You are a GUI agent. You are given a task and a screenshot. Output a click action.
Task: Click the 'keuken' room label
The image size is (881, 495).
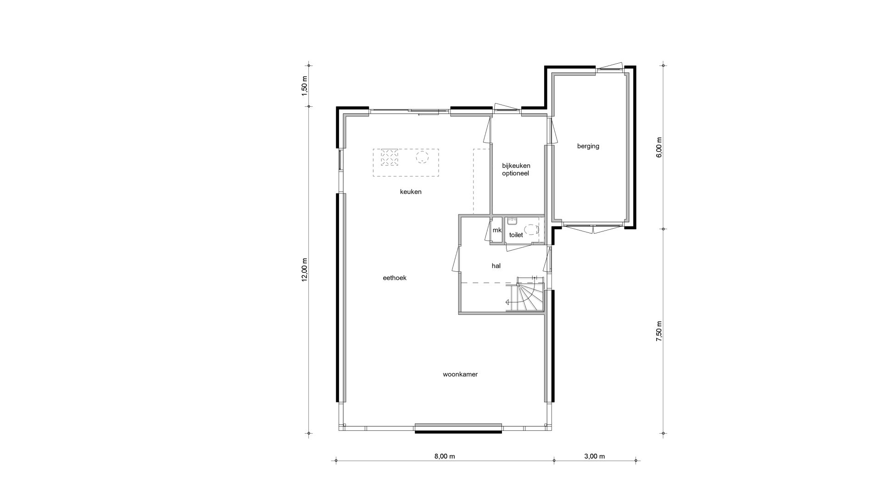click(x=411, y=192)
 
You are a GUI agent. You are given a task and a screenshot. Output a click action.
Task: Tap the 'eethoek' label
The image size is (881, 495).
click(x=395, y=278)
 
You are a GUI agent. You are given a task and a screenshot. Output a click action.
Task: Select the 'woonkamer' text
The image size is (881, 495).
click(x=460, y=374)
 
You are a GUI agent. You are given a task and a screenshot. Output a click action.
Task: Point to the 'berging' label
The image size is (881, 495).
click(x=588, y=146)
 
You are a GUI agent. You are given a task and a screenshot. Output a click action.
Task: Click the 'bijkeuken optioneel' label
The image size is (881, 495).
click(x=516, y=170)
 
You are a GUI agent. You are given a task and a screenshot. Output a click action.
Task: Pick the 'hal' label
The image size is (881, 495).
click(x=496, y=265)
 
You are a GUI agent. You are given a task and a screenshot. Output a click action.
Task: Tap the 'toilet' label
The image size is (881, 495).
click(x=516, y=235)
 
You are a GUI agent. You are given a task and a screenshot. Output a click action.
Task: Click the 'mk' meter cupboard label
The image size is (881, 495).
click(x=497, y=230)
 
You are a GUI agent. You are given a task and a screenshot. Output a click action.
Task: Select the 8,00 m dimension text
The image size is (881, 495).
click(x=445, y=456)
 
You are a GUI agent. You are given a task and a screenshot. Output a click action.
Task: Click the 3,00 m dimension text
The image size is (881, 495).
click(x=595, y=456)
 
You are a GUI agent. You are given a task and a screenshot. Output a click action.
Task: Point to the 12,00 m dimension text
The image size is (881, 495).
click(x=304, y=270)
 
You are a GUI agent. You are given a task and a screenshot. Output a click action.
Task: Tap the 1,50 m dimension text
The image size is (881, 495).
click(x=304, y=86)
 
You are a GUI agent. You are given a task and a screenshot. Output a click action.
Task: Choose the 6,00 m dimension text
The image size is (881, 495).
click(x=659, y=148)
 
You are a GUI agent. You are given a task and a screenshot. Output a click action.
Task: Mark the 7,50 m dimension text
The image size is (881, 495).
click(x=659, y=331)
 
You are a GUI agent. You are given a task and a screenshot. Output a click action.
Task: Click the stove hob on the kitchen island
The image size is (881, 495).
click(x=390, y=158)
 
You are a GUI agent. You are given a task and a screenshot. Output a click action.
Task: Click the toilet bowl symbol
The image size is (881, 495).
click(x=531, y=229)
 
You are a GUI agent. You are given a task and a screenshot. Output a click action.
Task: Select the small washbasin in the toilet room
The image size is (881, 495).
click(x=512, y=221)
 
